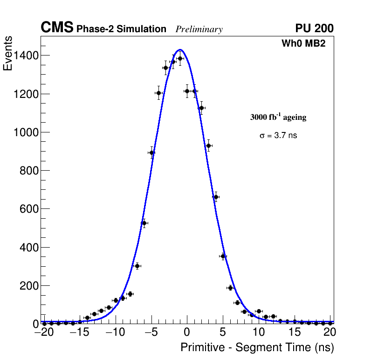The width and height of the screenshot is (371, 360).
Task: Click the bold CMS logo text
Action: click(57, 28)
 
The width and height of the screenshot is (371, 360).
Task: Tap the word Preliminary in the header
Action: click(199, 29)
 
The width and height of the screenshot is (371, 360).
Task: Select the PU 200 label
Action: click(314, 28)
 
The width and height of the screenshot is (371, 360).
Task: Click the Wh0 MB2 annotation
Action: click(303, 43)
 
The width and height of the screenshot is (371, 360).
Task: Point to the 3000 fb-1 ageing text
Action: click(278, 117)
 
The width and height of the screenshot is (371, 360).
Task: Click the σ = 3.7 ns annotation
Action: click(278, 136)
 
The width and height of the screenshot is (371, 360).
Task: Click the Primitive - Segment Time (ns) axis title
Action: click(257, 347)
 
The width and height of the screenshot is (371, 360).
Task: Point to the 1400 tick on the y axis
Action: click(26, 55)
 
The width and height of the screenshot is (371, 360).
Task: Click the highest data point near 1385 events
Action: click(180, 58)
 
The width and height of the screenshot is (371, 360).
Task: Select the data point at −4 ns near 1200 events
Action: click(158, 93)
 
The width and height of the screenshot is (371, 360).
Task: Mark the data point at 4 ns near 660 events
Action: click(216, 197)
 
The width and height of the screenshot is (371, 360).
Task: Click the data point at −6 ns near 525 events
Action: click(144, 223)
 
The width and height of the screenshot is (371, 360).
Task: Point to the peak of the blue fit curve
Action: click(180, 49)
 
